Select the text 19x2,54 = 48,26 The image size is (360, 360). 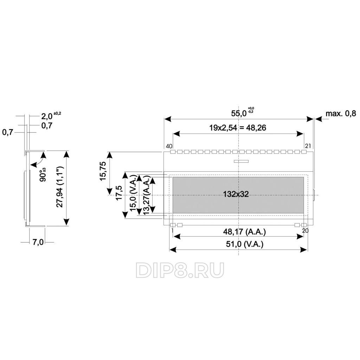(238, 128)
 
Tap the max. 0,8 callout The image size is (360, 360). (341, 113)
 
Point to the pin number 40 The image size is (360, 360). (169, 146)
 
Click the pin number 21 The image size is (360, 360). (308, 146)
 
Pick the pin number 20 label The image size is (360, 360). (306, 231)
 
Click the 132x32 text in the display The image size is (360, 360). (236, 194)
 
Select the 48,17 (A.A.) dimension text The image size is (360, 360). (244, 232)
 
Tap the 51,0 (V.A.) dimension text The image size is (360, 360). (245, 244)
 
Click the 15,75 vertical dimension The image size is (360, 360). (103, 171)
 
